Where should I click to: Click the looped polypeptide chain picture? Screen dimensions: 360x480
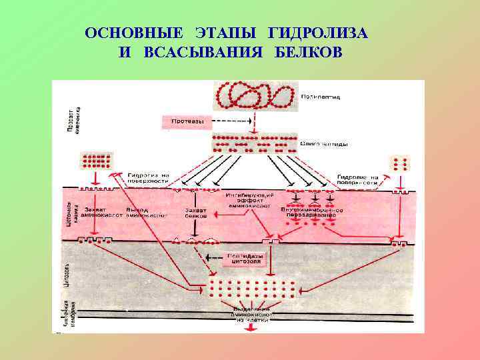coord(253,96)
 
